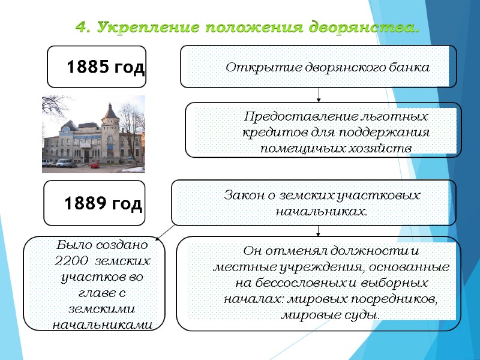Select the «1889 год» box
point(95,204)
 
